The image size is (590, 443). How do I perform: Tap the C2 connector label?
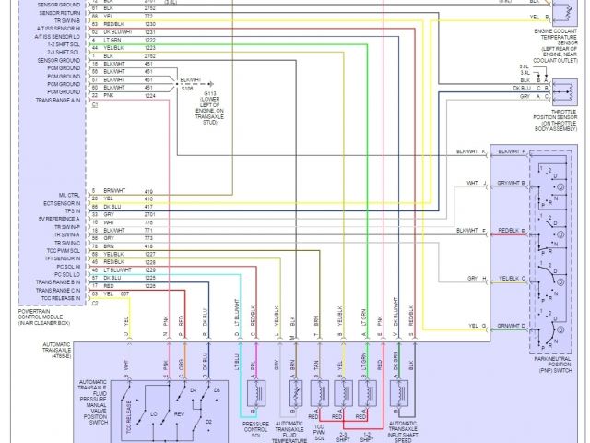click(x=95, y=302)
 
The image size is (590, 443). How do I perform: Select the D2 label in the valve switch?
click(x=208, y=422)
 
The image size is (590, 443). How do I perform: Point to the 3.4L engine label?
click(x=523, y=71)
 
